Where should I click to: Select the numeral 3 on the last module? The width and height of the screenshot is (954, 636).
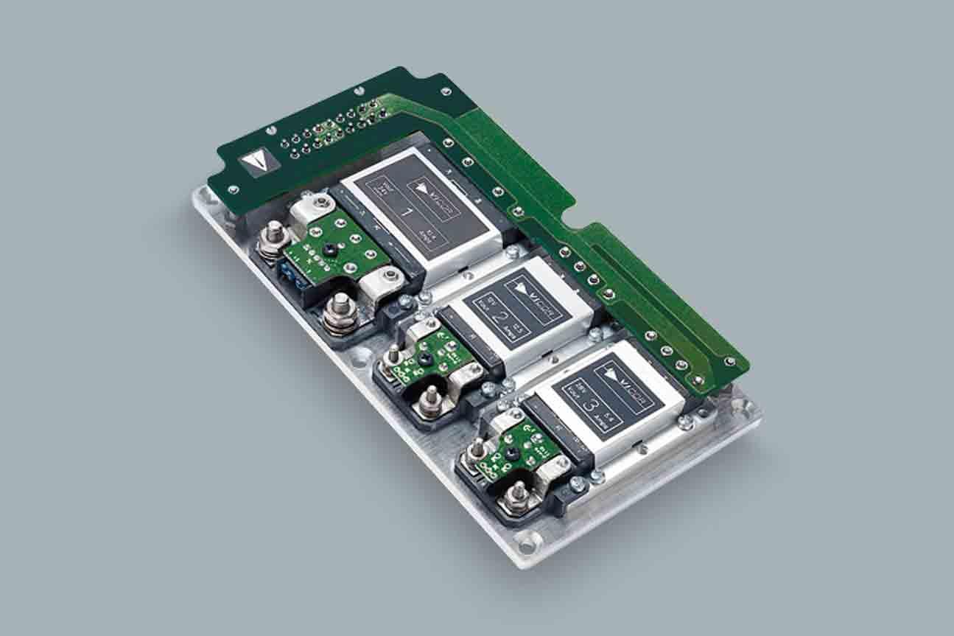coord(589,403)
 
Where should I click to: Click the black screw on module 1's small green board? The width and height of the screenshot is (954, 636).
coord(329,251)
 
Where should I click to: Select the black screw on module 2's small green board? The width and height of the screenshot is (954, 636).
coord(425,359)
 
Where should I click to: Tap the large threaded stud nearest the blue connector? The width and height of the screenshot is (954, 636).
coord(275,235)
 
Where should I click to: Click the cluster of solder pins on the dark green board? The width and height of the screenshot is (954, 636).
coord(336,130)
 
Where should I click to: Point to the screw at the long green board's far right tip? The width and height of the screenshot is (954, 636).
coord(729,361)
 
